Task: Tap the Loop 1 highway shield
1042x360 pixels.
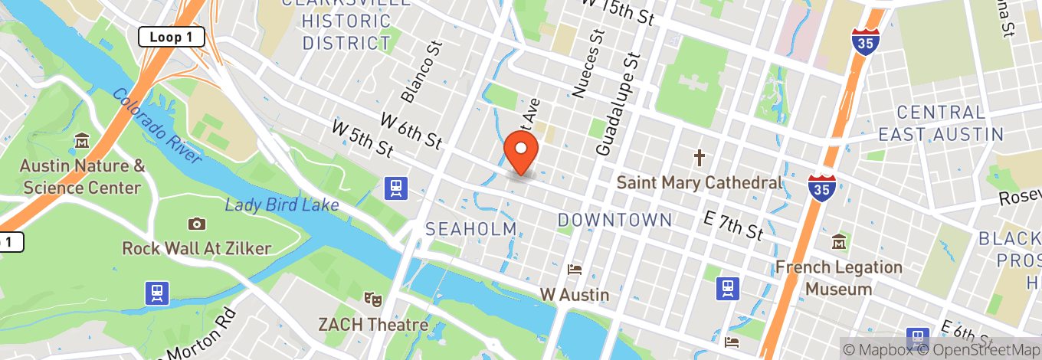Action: (171, 37)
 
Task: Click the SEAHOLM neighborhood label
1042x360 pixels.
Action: (470, 229)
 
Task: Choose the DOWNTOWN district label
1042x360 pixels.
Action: (614, 221)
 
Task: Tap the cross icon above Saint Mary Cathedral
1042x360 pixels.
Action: (699, 159)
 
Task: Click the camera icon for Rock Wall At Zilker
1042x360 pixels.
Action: (197, 224)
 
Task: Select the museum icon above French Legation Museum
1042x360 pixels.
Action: (839, 242)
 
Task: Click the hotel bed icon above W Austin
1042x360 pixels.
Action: (574, 270)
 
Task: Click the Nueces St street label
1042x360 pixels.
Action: (588, 64)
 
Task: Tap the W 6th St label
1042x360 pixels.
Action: (411, 130)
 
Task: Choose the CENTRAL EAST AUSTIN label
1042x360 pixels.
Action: (941, 123)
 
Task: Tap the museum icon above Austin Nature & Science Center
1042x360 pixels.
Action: (82, 142)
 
